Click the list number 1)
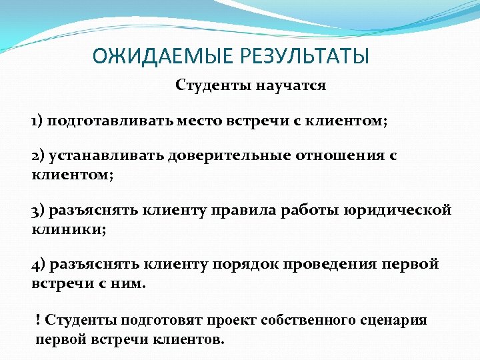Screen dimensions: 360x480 37,121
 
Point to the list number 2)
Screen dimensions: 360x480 38,155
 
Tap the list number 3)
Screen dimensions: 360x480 38,211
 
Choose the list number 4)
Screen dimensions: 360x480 38,264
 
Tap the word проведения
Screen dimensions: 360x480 333,264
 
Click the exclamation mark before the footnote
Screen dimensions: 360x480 38,320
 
